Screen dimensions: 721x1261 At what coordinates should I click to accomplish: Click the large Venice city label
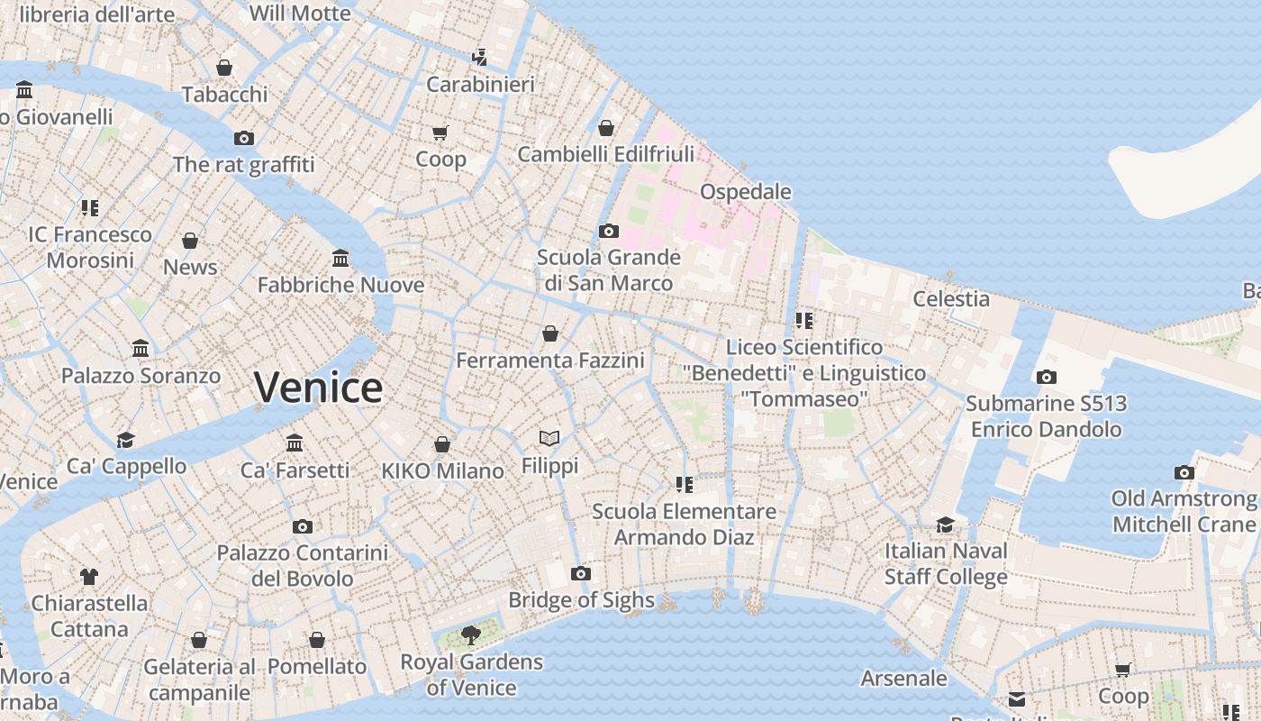click(x=318, y=388)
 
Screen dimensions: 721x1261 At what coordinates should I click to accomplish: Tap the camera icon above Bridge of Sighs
click(x=581, y=574)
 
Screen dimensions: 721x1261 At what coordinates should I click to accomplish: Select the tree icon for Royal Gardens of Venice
click(x=470, y=635)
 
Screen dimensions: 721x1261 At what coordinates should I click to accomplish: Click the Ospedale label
click(x=746, y=192)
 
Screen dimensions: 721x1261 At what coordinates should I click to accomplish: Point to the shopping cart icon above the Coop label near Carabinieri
click(x=440, y=133)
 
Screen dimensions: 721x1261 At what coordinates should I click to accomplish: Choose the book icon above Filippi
click(x=549, y=439)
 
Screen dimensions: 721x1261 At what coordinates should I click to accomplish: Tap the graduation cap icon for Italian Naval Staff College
click(x=945, y=525)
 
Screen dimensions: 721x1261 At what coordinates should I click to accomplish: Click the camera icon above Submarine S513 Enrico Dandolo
click(x=1046, y=378)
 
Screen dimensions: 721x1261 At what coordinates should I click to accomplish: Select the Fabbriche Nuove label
click(x=340, y=286)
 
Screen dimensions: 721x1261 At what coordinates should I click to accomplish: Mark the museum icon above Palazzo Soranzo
click(x=141, y=349)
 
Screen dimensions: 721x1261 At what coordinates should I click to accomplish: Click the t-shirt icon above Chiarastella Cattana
click(x=88, y=577)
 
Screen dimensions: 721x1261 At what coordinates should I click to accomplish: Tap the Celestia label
click(x=951, y=299)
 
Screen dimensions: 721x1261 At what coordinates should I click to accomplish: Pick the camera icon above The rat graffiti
click(x=243, y=139)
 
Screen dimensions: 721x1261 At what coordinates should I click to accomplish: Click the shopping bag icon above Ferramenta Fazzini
click(x=549, y=334)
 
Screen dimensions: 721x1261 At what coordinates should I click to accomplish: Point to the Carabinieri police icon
click(x=480, y=58)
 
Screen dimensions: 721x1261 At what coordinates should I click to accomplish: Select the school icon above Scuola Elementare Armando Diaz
click(x=684, y=485)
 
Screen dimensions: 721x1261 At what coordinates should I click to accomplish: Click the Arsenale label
click(x=903, y=679)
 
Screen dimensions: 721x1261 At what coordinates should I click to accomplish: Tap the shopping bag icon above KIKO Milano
click(x=441, y=444)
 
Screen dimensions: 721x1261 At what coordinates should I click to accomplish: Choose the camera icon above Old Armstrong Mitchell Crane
click(x=1184, y=473)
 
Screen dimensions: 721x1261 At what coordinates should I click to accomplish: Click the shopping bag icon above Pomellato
click(x=316, y=640)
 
